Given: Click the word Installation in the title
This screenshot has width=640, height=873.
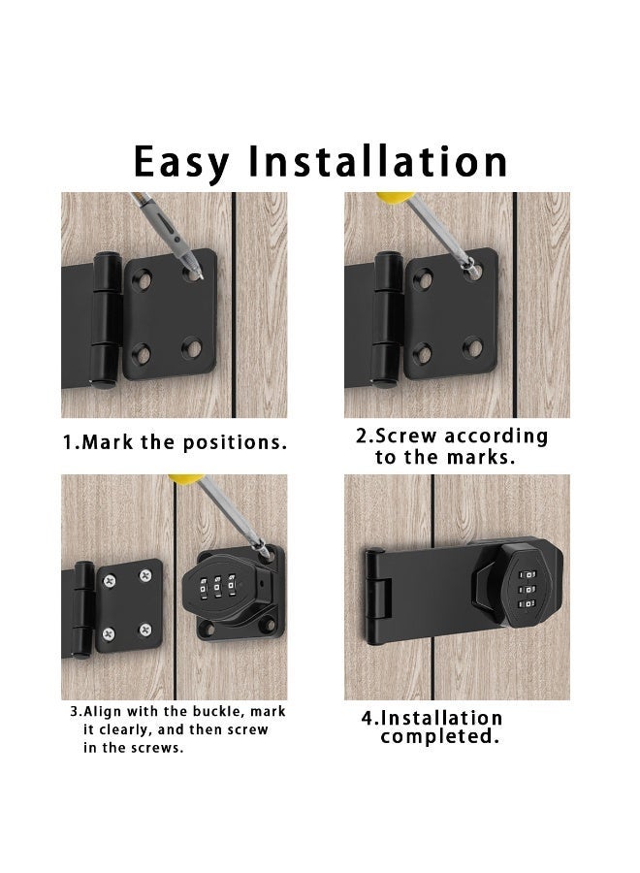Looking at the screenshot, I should pos(378,160).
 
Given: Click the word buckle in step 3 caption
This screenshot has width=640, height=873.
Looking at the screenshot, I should pos(208,712).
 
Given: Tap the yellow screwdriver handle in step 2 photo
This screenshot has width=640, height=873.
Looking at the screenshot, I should pos(390,197).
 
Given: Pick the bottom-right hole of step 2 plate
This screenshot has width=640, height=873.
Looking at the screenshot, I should pos(472,346).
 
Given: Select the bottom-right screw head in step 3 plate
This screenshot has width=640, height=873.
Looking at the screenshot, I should pos(145,630).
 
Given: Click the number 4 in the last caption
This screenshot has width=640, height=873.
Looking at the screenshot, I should pos(368,719).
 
